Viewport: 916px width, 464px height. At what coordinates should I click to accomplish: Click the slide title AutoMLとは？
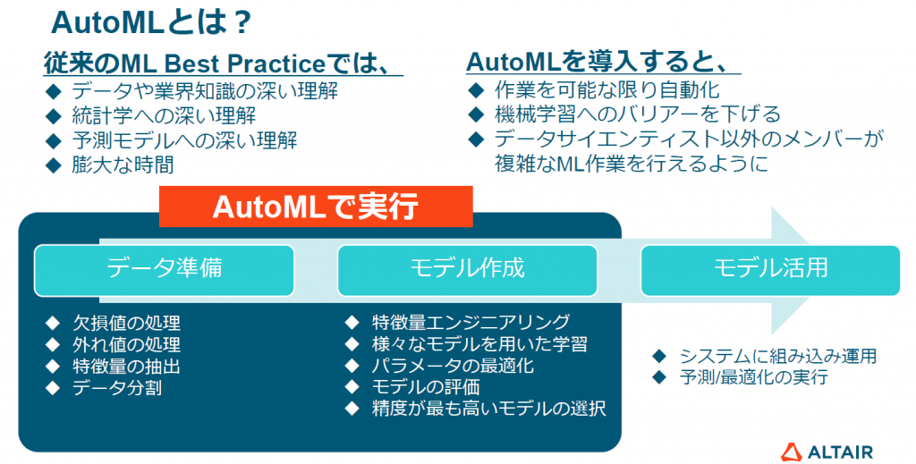(151, 22)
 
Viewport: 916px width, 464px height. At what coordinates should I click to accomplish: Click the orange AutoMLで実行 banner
(316, 207)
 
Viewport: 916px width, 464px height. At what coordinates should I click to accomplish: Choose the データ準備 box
(165, 270)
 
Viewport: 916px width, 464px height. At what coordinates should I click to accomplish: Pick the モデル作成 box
(467, 270)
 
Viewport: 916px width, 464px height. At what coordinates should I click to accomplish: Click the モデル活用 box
(770, 270)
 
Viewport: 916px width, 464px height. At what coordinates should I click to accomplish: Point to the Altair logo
(827, 451)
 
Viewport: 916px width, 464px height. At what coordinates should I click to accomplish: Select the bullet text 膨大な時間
(123, 165)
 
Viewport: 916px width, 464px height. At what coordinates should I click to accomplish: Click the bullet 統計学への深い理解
(164, 115)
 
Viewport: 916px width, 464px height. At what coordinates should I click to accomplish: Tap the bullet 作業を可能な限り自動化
(607, 90)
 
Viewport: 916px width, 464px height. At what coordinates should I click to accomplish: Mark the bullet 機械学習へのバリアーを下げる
(637, 114)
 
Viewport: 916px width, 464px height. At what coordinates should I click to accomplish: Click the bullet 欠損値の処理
(126, 323)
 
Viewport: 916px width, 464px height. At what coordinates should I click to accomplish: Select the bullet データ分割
(117, 387)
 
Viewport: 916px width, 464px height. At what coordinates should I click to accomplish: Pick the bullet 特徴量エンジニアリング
(471, 322)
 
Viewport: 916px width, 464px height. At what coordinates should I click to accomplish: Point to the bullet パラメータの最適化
(453, 366)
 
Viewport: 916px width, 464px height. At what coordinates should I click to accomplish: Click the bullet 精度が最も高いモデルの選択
(489, 409)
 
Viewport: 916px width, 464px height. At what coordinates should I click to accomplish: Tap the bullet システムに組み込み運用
(778, 356)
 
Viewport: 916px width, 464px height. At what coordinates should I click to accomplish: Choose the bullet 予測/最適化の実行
(753, 377)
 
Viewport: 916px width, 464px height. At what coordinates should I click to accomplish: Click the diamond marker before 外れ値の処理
(53, 345)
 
